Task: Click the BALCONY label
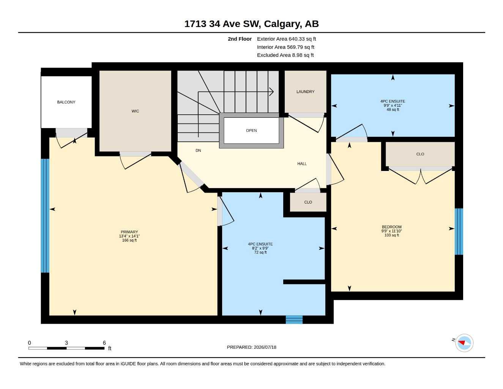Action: (66, 102)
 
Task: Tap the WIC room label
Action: (135, 111)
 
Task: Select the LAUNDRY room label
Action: (305, 92)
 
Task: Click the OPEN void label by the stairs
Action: (251, 131)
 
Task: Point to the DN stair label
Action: (198, 150)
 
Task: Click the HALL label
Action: (302, 164)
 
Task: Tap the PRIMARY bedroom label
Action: (129, 232)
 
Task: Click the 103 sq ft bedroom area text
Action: (392, 235)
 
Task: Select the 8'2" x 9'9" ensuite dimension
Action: (260, 248)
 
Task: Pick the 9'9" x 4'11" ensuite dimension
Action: (393, 105)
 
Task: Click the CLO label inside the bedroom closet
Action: (420, 154)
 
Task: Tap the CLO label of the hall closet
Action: (308, 202)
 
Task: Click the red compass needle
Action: (461, 342)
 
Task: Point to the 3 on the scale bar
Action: (66, 343)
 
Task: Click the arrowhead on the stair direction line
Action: (272, 92)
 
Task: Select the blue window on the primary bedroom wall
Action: (45, 215)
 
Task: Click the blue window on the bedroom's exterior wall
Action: (459, 232)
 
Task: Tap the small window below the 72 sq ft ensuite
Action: (294, 319)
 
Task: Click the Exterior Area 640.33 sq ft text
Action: (286, 39)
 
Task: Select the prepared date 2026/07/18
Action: (265, 347)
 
